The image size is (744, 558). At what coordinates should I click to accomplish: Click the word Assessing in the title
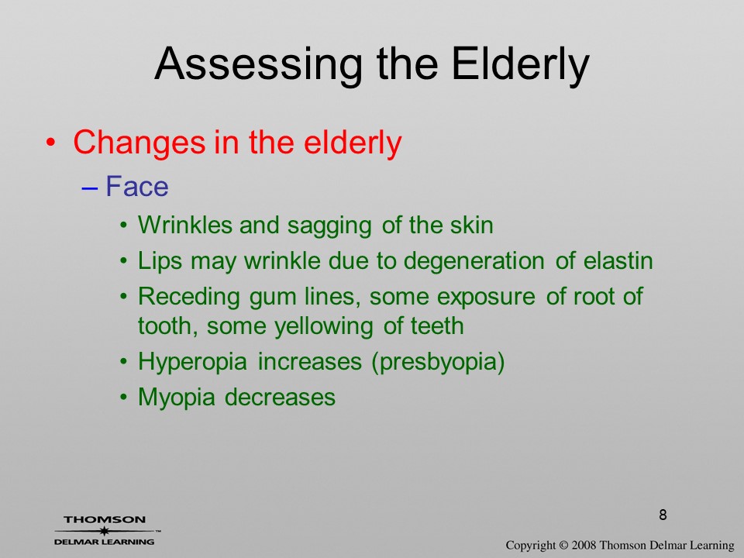pos(259,65)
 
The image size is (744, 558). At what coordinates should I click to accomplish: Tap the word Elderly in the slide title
pos(521,65)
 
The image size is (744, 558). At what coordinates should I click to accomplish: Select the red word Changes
pos(139,143)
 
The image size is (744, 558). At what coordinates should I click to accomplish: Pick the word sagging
pos(329,226)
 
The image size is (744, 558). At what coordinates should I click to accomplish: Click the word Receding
pos(189,298)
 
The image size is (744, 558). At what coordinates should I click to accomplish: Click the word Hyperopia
pos(193,363)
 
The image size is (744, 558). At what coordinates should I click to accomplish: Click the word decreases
pos(280,397)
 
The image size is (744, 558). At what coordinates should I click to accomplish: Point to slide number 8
pos(663,515)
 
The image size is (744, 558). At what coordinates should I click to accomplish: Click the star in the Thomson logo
pos(105,530)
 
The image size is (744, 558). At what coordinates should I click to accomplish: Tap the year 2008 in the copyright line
pos(584,545)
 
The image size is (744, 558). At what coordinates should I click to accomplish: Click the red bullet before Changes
pos(51,143)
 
